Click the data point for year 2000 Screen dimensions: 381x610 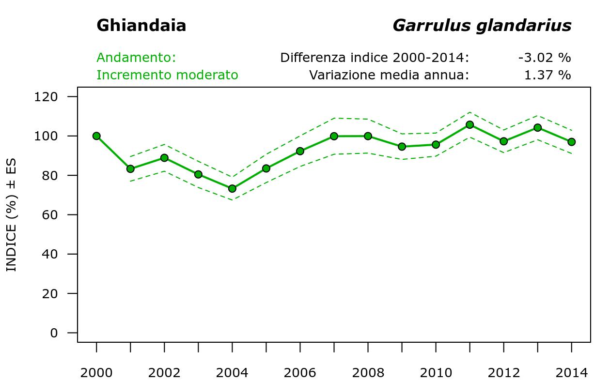[x=96, y=136]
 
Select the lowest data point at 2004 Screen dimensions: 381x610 [x=232, y=188]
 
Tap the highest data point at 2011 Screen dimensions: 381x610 [x=469, y=124]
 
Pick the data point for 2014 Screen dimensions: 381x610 [x=571, y=142]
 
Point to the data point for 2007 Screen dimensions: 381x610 [x=334, y=136]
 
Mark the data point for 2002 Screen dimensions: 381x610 [x=164, y=158]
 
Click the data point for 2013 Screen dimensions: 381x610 [x=537, y=128]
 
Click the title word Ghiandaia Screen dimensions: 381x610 [x=141, y=26]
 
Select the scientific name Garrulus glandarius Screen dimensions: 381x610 [x=482, y=26]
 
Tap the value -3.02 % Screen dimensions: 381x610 [x=544, y=58]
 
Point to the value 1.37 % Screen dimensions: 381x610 [x=547, y=75]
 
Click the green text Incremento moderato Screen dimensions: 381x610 [x=167, y=75]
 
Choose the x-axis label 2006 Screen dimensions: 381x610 [x=300, y=373]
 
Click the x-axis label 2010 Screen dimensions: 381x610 [x=436, y=373]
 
